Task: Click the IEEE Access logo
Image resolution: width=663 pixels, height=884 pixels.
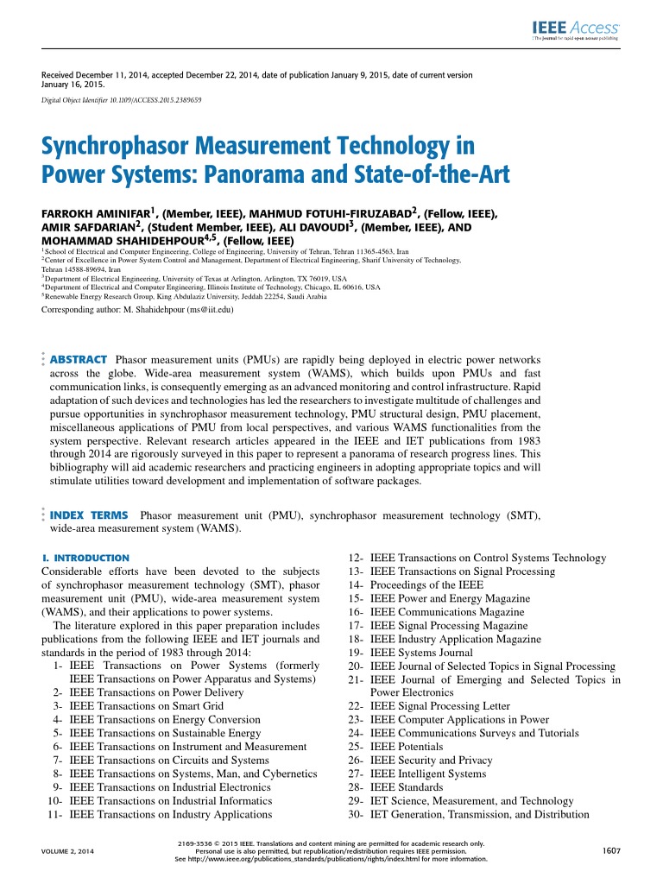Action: click(x=574, y=29)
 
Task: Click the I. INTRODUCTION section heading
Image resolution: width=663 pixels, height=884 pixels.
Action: click(x=85, y=558)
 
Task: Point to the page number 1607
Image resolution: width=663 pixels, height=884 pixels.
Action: click(x=612, y=851)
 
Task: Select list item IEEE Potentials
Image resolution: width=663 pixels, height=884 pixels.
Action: click(x=407, y=746)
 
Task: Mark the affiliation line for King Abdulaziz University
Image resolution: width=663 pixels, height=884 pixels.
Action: click(x=185, y=296)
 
